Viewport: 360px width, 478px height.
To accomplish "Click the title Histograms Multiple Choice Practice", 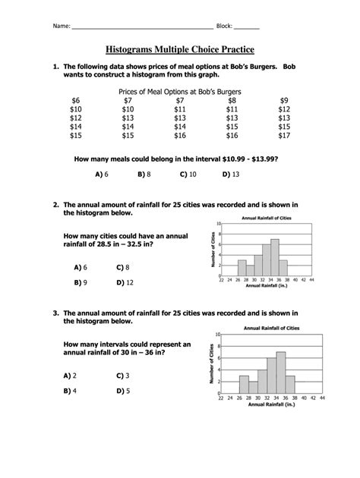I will tap(180, 49).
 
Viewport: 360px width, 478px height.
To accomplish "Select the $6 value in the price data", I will tap(75, 100).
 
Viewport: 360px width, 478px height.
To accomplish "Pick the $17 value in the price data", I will tap(283, 136).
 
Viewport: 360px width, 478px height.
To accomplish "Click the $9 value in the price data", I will tap(283, 100).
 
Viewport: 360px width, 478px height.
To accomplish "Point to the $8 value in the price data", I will tap(232, 100).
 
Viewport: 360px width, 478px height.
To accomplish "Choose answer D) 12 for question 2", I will tap(125, 282).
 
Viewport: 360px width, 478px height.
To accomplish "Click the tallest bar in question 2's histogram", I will tap(274, 258).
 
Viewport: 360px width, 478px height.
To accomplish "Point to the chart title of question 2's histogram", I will tap(266, 219).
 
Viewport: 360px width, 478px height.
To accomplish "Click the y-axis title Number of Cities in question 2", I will tap(210, 250).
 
